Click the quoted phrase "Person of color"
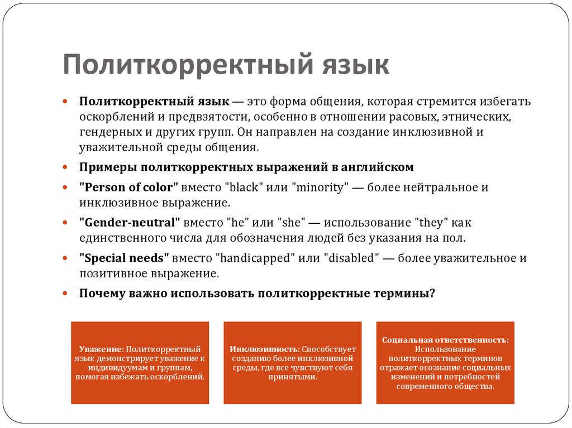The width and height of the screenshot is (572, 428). (x=129, y=187)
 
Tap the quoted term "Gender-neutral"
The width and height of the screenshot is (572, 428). (x=130, y=223)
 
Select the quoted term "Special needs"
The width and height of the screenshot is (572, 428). (x=124, y=258)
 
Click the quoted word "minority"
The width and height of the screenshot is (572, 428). (x=320, y=187)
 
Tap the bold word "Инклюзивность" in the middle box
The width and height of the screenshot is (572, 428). (x=263, y=349)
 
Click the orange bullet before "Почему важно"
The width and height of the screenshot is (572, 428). (x=65, y=294)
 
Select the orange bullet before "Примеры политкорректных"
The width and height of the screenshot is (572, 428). (x=65, y=168)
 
